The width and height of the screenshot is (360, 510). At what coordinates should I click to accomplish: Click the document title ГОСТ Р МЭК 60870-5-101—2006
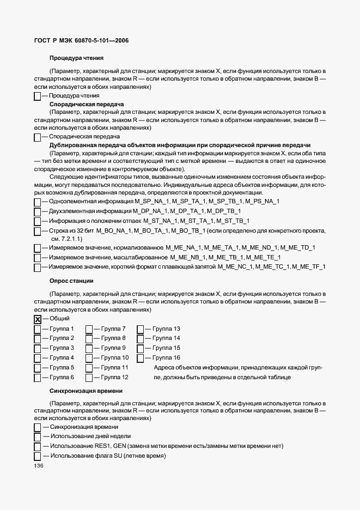pyautogui.click(x=78, y=41)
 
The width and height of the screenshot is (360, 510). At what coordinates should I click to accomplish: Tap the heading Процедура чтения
pyautogui.click(x=76, y=58)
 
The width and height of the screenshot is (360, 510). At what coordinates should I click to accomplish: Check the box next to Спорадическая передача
pyautogui.click(x=37, y=137)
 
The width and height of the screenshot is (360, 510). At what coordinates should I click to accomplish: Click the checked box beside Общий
pyautogui.click(x=37, y=320)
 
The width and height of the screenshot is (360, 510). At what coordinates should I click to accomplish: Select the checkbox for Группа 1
pyautogui.click(x=37, y=330)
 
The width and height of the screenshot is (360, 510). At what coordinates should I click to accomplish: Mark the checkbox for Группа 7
pyautogui.click(x=89, y=330)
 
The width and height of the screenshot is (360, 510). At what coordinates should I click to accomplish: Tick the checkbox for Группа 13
pyautogui.click(x=140, y=330)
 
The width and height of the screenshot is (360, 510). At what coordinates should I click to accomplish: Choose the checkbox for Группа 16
pyautogui.click(x=140, y=359)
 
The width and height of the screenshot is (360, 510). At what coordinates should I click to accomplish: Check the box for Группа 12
pyautogui.click(x=89, y=378)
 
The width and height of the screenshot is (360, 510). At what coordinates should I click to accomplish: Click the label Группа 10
pyautogui.click(x=115, y=358)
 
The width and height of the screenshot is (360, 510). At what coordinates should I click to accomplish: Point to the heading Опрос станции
pyautogui.click(x=71, y=281)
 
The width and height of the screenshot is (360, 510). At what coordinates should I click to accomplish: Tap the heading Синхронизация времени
pyautogui.click(x=86, y=391)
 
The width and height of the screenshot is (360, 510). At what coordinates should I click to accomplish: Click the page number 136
pyautogui.click(x=39, y=466)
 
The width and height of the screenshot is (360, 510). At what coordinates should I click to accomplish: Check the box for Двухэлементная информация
pyautogui.click(x=37, y=211)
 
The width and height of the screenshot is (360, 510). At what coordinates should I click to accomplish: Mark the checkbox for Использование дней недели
pyautogui.click(x=37, y=437)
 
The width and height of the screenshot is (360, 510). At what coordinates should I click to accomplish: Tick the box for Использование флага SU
pyautogui.click(x=37, y=456)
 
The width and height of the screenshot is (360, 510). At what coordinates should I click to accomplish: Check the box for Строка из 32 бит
pyautogui.click(x=37, y=232)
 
